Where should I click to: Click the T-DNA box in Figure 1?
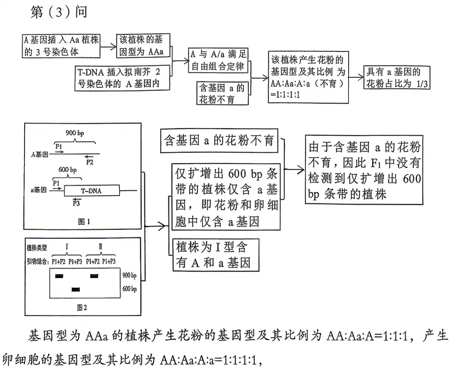pyautogui.click(x=91, y=191)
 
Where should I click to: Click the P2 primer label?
pyautogui.click(x=90, y=162)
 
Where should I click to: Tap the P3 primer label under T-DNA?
pyautogui.click(x=77, y=204)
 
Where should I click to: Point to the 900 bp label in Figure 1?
pyautogui.click(x=73, y=134)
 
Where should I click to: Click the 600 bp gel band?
pyautogui.click(x=76, y=288)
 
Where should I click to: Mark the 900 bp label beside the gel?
pyautogui.click(x=130, y=275)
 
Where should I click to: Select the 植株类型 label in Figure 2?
pyautogui.click(x=37, y=248)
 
